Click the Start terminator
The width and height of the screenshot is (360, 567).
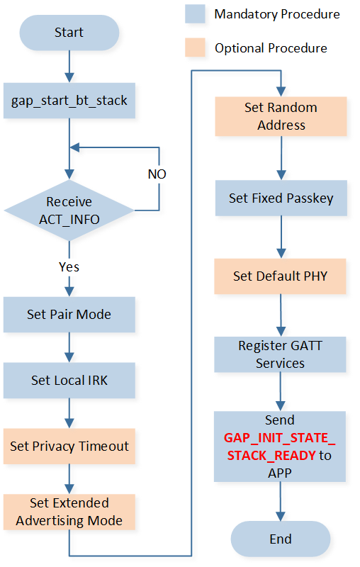[x=69, y=33]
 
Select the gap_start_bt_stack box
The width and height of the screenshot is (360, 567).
[x=69, y=101]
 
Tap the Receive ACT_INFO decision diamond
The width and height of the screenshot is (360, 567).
[x=69, y=210]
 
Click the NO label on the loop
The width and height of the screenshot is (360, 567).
[x=157, y=174]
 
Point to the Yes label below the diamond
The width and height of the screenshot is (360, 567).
[x=69, y=267]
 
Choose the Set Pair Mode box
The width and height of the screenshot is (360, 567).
[x=69, y=315]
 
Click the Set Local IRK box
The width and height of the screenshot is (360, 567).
[x=69, y=381]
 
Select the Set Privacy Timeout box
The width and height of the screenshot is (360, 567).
[x=69, y=447]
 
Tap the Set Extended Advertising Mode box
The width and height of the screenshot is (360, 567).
[x=69, y=512]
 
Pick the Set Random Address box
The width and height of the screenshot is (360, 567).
[x=281, y=116]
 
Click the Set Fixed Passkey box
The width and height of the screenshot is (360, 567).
[x=281, y=198]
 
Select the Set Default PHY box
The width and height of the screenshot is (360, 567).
[x=280, y=276]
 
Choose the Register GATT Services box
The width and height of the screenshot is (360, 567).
[x=280, y=355]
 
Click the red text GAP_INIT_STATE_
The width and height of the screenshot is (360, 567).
[x=280, y=438]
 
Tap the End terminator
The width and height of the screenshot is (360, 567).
[x=281, y=539]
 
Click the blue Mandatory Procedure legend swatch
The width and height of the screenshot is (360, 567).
[x=195, y=13]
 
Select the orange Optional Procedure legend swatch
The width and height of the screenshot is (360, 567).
[x=195, y=47]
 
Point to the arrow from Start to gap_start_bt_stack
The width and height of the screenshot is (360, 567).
[x=69, y=67]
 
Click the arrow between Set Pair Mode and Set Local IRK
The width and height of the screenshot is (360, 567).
[x=69, y=347]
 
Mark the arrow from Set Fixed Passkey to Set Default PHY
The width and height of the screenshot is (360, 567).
[x=281, y=237]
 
